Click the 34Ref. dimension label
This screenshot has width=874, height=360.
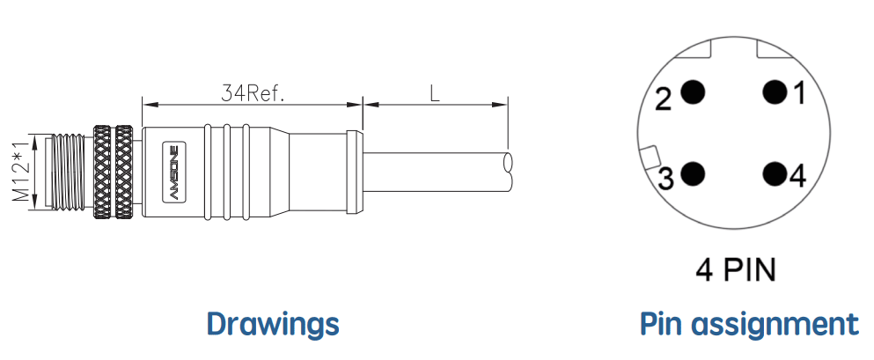click(x=253, y=93)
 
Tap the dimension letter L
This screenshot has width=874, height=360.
click(x=435, y=93)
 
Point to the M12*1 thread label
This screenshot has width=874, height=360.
click(x=22, y=172)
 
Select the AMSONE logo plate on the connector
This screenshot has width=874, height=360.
click(x=171, y=173)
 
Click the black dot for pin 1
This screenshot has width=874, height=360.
click(x=775, y=92)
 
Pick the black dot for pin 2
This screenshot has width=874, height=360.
click(x=694, y=92)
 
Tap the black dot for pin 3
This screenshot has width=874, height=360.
click(x=694, y=174)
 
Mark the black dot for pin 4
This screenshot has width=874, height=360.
click(x=775, y=174)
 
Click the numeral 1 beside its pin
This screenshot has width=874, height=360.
click(x=799, y=93)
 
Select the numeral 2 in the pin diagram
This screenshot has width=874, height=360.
click(x=664, y=99)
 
